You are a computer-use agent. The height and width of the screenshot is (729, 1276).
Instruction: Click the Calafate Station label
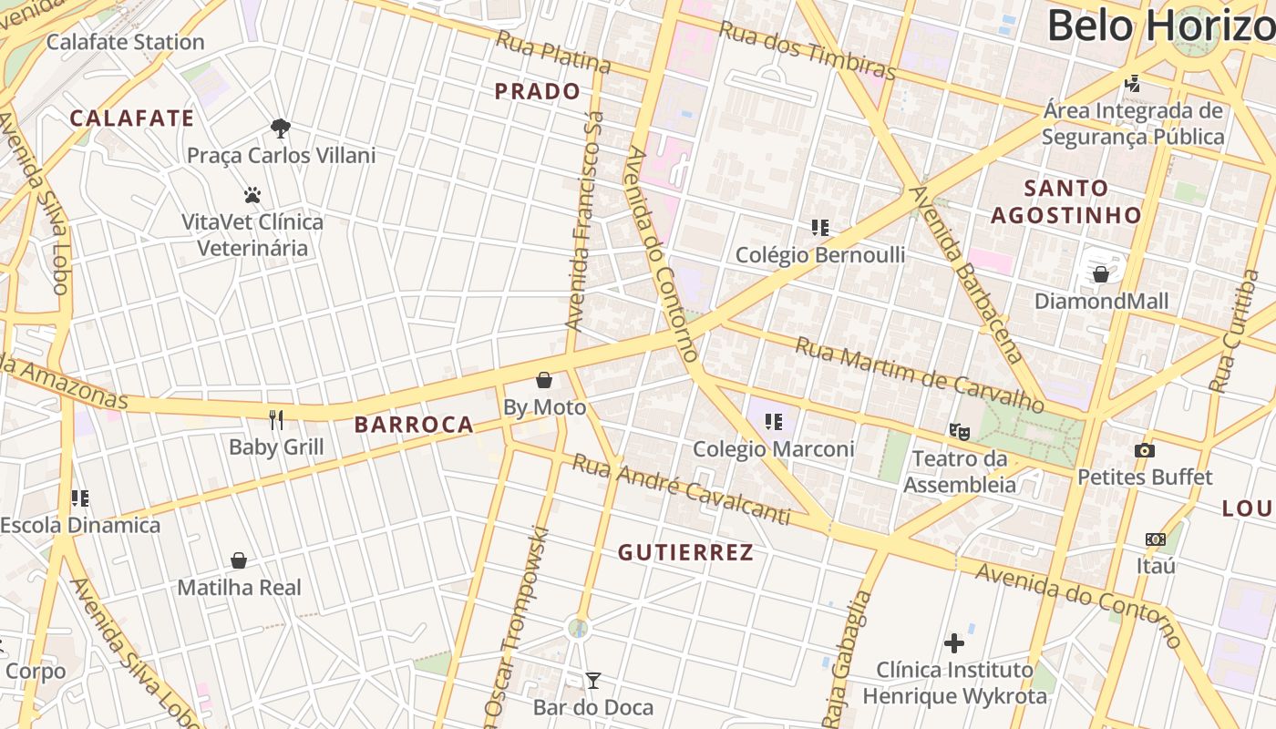point(125,42)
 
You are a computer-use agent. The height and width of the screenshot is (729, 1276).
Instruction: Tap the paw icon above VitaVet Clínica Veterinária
point(252,195)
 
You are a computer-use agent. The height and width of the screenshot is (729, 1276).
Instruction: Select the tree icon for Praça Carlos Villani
point(281,128)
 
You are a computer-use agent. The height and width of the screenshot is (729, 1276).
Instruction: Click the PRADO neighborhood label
point(538,91)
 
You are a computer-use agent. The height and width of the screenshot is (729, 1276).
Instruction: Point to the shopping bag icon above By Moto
point(544,380)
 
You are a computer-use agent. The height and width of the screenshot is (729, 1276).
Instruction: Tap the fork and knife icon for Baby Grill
point(276,419)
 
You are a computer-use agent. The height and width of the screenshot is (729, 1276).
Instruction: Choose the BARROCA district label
point(414,425)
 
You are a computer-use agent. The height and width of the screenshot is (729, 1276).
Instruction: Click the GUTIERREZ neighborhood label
point(686,553)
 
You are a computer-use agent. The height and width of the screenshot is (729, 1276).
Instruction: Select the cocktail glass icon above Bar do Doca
point(593,680)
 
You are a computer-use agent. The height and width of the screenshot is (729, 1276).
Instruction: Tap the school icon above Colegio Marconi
point(774,421)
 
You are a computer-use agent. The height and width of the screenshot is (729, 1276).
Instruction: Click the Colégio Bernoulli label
point(820,255)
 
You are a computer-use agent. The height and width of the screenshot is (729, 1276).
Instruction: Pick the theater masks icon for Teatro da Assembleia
point(959,431)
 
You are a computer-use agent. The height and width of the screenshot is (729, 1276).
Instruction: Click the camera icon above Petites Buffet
point(1145,450)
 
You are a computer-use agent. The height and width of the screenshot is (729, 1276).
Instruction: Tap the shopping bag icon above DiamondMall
point(1101,273)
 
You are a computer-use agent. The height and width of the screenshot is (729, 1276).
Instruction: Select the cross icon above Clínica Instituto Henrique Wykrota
point(954,643)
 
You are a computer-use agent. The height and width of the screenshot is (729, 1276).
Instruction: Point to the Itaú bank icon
point(1156,539)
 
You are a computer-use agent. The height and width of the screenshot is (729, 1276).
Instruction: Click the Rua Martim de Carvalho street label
point(919,374)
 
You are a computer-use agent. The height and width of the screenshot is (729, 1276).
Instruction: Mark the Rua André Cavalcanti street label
point(680,490)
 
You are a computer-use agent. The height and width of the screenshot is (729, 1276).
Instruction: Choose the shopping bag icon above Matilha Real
point(239,560)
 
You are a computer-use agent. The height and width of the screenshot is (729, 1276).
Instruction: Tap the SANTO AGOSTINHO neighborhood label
point(1066,201)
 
